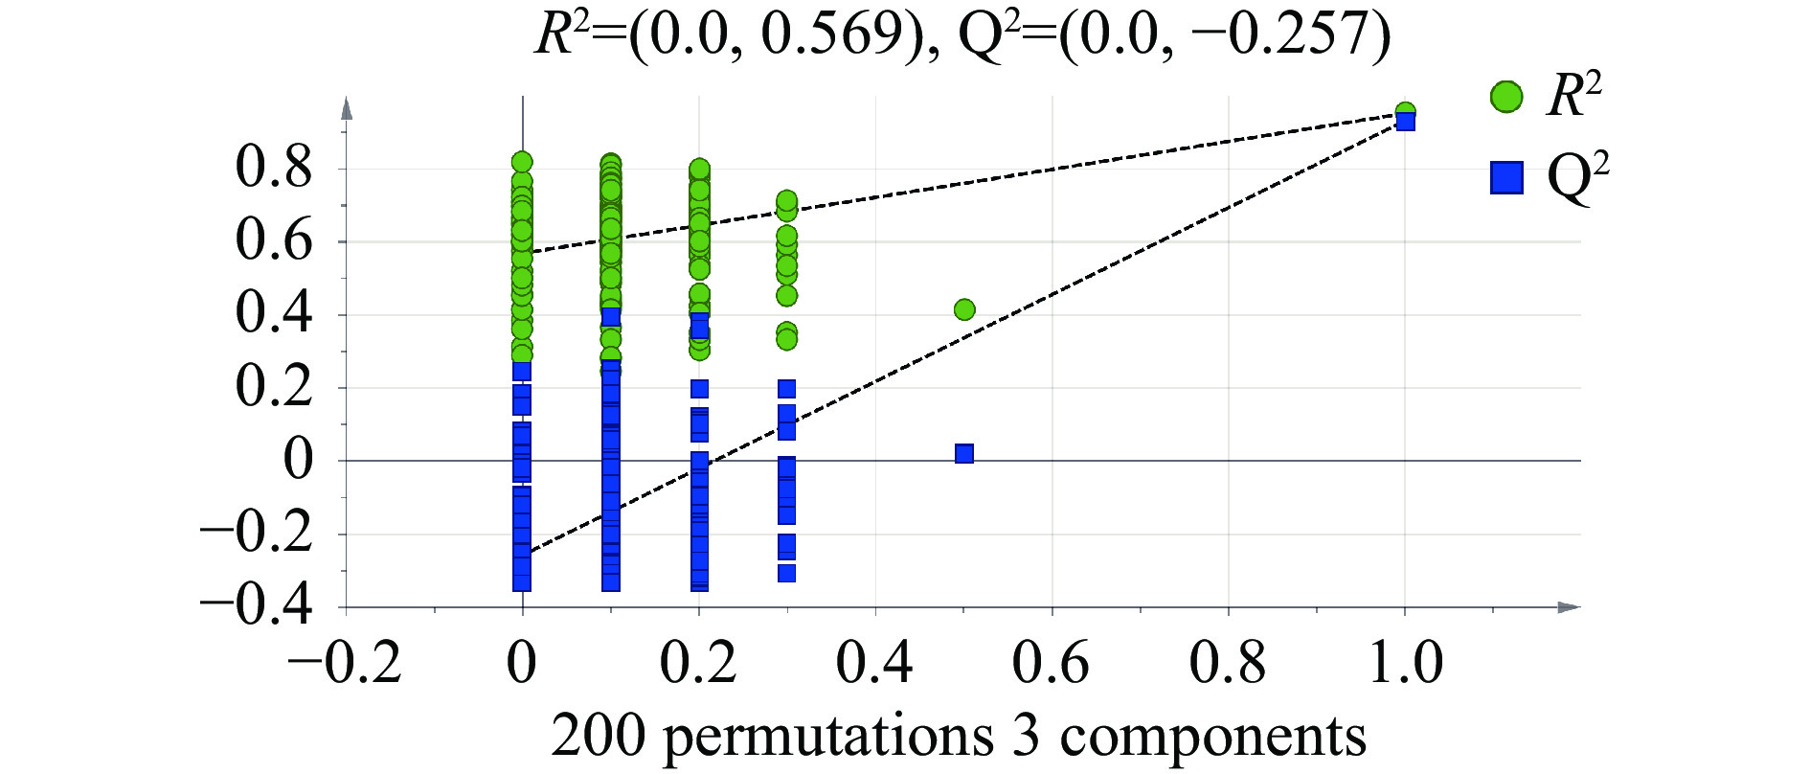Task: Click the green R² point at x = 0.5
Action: (964, 309)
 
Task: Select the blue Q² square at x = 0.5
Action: (964, 453)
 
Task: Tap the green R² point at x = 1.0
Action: (1405, 111)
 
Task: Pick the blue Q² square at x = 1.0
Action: (1405, 122)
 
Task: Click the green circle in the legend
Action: (1506, 97)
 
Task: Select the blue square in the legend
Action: (1506, 177)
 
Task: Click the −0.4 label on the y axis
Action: (256, 606)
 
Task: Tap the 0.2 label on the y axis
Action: (274, 387)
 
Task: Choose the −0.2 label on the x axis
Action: (346, 663)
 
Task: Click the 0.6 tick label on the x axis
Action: (1052, 663)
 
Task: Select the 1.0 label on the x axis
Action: (1405, 663)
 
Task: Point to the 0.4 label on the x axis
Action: (875, 663)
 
